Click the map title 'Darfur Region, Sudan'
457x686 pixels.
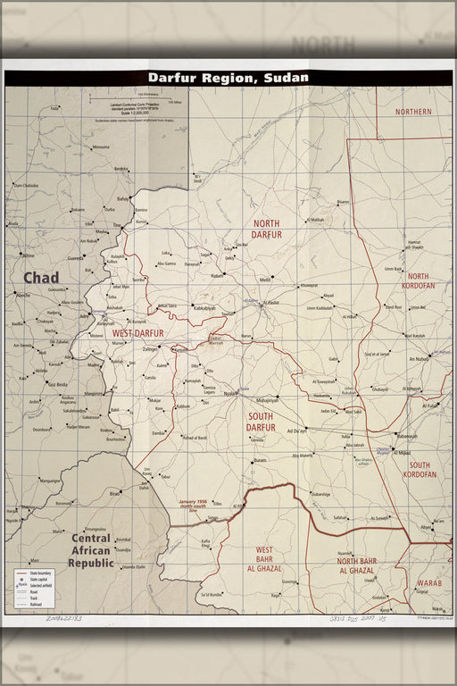point(228,78)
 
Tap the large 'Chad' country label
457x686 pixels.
point(41,278)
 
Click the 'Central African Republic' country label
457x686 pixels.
point(91,551)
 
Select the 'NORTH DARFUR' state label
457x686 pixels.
point(267,230)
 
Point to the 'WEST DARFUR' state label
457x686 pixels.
point(137,333)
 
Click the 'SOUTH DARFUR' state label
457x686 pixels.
point(261,422)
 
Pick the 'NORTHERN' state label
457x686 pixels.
point(413,112)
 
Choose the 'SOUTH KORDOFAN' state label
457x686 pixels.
point(421,470)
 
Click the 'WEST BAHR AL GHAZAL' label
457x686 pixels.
point(269,559)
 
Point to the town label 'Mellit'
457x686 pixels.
point(265,280)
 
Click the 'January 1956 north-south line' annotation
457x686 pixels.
point(197,505)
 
